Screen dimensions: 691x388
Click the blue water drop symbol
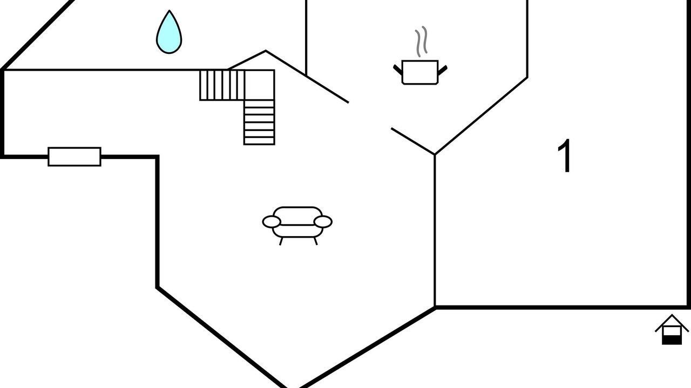coord(169,32)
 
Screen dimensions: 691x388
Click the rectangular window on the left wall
coord(74,157)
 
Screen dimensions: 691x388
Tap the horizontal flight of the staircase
coord(222,85)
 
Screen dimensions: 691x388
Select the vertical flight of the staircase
coord(259,122)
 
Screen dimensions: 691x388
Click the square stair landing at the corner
coord(260,85)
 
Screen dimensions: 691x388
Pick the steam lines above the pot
coord(421,41)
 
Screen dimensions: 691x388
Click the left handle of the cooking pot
coord(398,70)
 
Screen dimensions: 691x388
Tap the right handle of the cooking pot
coord(443,70)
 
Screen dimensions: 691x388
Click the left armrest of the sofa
coord(272,221)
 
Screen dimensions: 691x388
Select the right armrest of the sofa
coord(323,221)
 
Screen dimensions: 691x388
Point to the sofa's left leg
coord(281,241)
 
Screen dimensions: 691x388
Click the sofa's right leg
coord(316,241)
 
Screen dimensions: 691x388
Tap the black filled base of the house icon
coord(672,340)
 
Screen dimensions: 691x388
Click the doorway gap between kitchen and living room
coord(370,115)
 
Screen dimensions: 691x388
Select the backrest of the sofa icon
coord(297,216)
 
